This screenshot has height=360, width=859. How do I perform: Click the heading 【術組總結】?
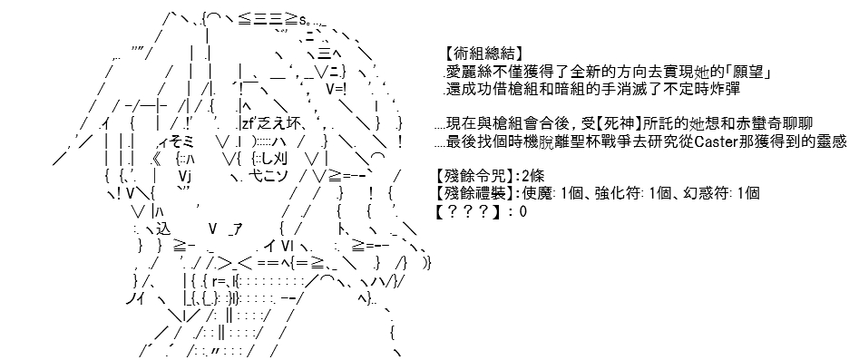tap(482, 54)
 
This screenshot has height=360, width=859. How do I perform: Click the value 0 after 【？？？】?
tap(523, 212)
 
